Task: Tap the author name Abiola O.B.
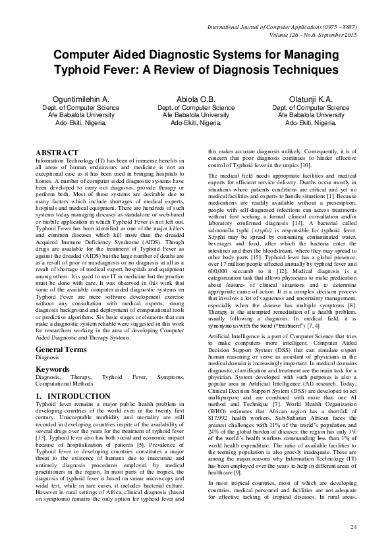196,99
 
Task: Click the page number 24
354,528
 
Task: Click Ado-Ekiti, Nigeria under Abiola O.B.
196,122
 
